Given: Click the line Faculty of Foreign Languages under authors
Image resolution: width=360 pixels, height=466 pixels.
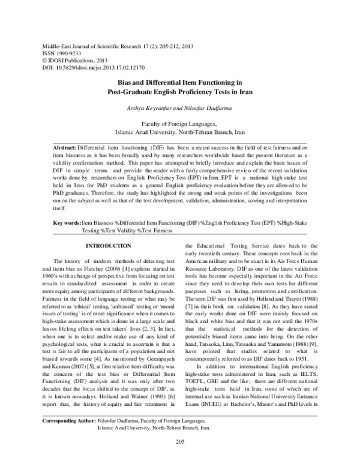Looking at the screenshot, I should tap(180, 122).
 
